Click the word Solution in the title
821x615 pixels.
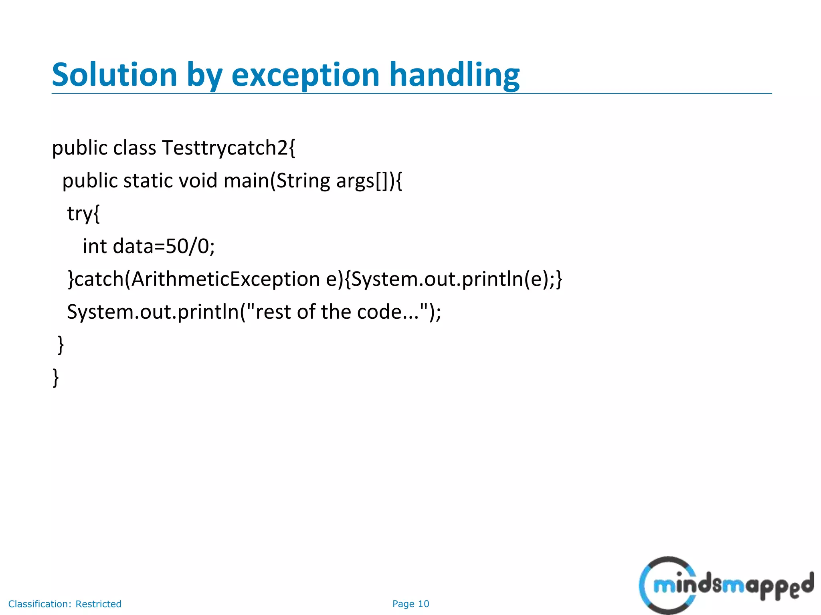[115, 75]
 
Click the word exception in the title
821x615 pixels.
[305, 75]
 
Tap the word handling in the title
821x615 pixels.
[454, 75]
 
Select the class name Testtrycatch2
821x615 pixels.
[229, 148]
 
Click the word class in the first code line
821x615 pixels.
[134, 148]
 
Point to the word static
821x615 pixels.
[148, 181]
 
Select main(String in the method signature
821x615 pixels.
[277, 181]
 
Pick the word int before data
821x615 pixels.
[95, 246]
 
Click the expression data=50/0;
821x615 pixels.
[164, 246]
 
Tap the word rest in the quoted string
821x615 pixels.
[273, 312]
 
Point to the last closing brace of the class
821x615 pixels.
[56, 377]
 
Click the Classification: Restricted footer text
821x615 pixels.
[65, 604]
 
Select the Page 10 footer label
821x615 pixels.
[410, 604]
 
